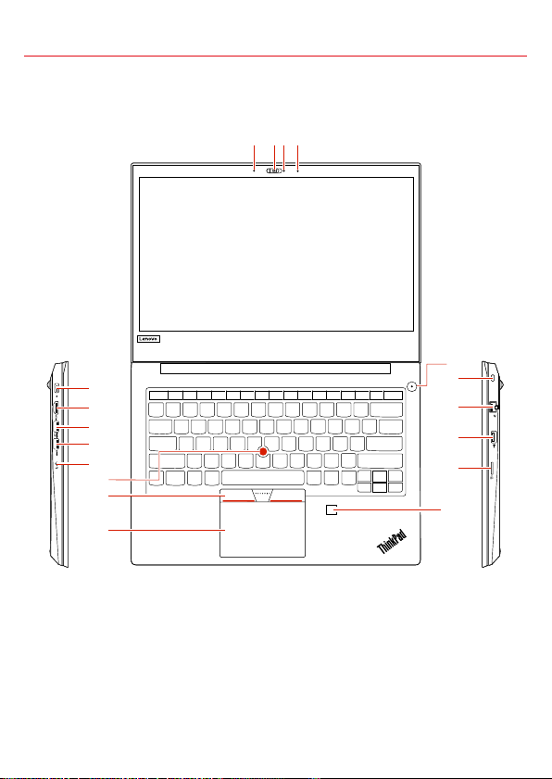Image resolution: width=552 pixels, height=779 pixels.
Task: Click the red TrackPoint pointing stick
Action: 263,451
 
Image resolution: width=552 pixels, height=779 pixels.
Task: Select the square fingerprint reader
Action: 332,509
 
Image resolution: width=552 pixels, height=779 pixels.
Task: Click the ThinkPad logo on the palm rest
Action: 393,541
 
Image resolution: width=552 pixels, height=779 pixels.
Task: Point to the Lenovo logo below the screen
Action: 148,339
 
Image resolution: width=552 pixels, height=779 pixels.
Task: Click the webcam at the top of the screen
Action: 274,171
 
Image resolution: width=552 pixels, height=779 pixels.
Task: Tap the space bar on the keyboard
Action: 263,478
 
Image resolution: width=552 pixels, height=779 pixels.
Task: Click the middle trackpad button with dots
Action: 263,495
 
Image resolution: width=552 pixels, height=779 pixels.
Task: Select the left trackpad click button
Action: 237,495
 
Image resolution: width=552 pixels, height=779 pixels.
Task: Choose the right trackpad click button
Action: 288,495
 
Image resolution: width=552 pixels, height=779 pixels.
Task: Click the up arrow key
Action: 380,474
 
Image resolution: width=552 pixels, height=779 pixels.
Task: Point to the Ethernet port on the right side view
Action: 494,407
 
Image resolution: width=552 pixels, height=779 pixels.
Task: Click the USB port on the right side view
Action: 493,438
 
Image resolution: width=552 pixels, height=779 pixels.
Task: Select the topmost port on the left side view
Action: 57,388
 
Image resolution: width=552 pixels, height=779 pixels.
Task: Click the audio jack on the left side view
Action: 58,464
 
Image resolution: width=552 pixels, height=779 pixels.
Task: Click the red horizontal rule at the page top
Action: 275,57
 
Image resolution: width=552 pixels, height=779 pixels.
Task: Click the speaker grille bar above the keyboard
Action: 276,369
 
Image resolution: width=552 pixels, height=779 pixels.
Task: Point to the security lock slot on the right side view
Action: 493,378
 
